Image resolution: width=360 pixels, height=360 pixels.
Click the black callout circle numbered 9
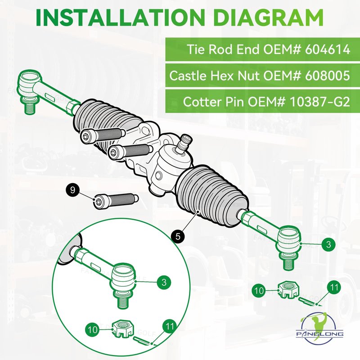73,190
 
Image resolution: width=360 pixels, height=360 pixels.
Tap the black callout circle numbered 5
178,236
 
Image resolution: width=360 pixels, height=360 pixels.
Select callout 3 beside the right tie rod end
328,244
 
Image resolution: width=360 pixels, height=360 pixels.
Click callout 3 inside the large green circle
164,282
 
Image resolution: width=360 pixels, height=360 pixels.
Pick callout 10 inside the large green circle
93,330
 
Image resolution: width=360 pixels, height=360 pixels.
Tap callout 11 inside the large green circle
170,327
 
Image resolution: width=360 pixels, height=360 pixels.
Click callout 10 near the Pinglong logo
259,291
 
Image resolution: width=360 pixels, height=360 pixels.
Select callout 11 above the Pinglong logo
334,288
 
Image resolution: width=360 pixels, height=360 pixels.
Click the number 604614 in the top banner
328,49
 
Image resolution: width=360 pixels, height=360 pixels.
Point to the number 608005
328,75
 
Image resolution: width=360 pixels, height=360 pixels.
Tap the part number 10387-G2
319,102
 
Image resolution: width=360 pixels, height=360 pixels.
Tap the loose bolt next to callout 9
116,200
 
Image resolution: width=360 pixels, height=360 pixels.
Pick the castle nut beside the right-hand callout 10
288,290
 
